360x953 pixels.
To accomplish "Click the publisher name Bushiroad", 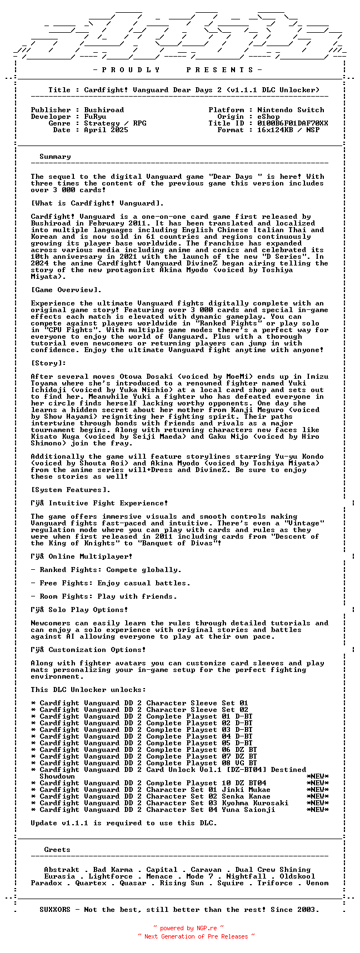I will click(104, 110).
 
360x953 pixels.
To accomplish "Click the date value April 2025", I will click(106, 130).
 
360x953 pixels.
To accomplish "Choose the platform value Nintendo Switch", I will click(291, 110).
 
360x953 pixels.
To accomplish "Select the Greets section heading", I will click(57, 850).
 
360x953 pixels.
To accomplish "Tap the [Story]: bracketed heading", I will click(48, 363).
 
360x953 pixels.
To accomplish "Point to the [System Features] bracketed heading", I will click(71, 490).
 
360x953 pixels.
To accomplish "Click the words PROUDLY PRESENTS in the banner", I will click(177, 70).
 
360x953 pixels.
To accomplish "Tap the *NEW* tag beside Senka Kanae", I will click(317, 796).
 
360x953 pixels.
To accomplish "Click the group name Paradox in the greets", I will click(46, 883).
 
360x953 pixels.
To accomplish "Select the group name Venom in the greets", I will click(317, 883).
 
